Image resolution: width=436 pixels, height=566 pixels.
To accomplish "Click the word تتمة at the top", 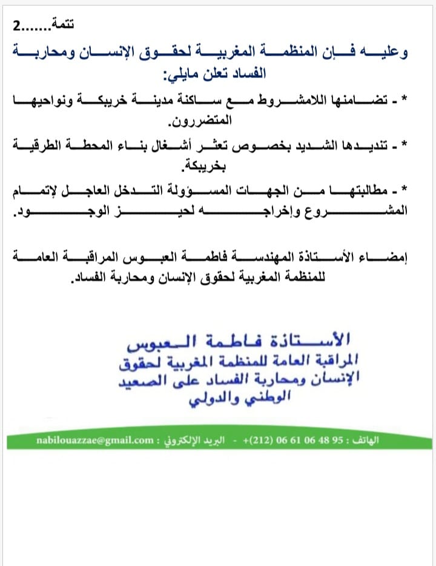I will [64, 25].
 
